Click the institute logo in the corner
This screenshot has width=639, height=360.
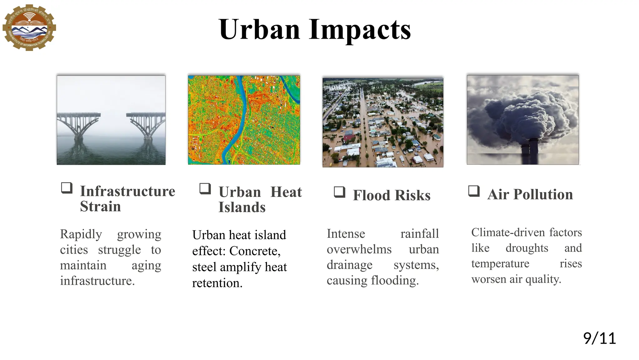tap(29, 27)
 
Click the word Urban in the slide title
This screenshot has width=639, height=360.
tap(260, 29)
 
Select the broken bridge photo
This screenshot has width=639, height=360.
tap(111, 120)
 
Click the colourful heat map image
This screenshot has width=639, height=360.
tap(244, 120)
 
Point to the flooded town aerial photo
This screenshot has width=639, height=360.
tap(383, 122)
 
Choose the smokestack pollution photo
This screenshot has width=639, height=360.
tap(523, 120)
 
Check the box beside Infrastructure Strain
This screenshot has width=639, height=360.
tap(66, 188)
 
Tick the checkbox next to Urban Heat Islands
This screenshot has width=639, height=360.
tap(205, 189)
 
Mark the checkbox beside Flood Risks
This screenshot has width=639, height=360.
tap(339, 192)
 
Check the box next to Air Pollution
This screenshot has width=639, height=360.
tap(474, 191)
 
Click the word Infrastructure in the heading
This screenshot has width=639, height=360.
tap(127, 191)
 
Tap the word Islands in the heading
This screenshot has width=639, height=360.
tap(242, 207)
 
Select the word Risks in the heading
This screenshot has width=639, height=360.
tap(412, 195)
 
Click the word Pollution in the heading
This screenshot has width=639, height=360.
tap(543, 194)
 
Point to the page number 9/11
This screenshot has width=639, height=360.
tap(599, 338)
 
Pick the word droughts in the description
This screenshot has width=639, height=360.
tap(527, 248)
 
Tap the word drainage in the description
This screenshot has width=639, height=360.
tap(349, 265)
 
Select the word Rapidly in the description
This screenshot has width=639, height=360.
tap(81, 234)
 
